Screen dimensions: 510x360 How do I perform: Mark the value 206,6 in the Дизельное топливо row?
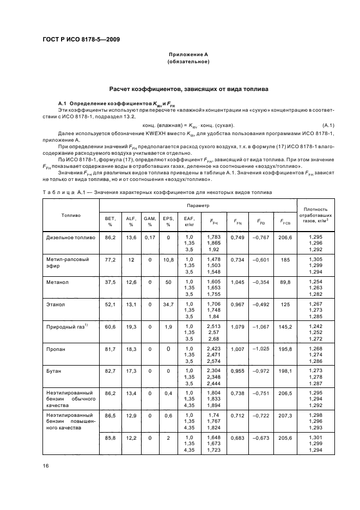point(285,238)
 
